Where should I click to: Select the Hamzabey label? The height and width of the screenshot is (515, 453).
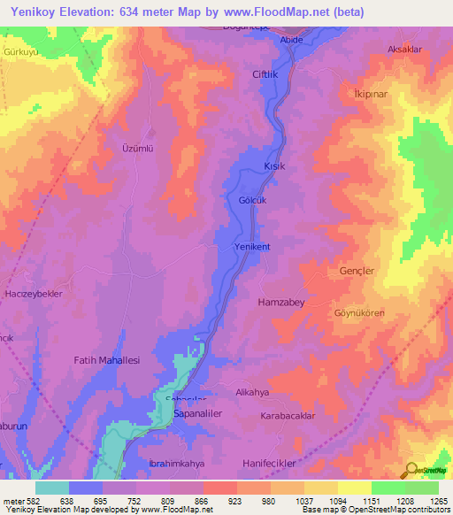point(280,302)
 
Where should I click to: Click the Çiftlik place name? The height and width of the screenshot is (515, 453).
point(265,74)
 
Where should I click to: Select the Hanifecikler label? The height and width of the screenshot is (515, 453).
point(278,463)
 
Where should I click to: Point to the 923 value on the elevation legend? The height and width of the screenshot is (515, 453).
point(236,501)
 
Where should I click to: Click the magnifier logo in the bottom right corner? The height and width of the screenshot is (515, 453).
point(412,470)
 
